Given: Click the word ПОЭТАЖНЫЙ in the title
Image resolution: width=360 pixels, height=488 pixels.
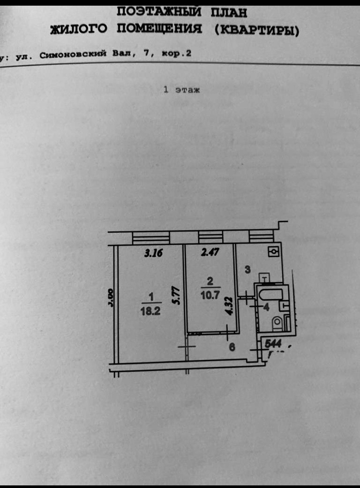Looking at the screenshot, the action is coord(160,13).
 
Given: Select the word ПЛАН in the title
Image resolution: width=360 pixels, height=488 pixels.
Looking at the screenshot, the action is coord(229,13).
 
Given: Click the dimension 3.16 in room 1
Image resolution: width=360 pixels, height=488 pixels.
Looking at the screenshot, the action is coord(153,253).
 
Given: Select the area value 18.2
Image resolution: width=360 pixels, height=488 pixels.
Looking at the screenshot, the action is coord(151,311).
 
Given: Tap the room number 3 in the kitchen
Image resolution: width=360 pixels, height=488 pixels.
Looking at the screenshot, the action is coord(247,270).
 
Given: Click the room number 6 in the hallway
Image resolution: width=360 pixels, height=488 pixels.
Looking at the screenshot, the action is coord(232,347).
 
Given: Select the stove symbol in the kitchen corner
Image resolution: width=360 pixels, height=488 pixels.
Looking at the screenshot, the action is coord(273,252).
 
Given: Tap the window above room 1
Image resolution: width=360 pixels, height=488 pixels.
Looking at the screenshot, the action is coord(151,237).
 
